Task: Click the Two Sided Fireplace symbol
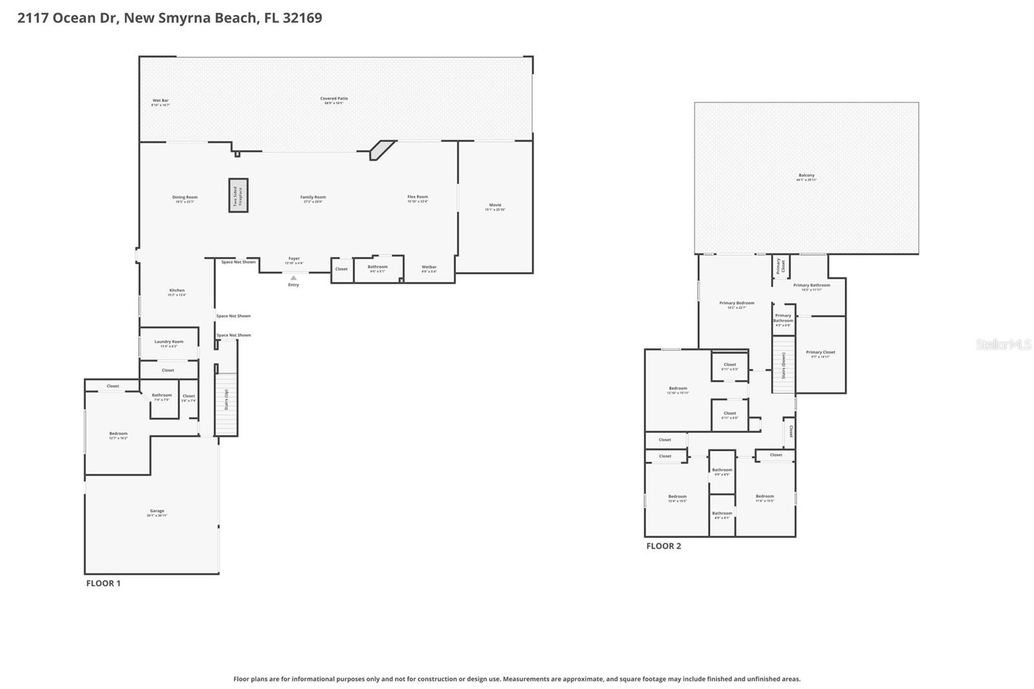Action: (x=238, y=195)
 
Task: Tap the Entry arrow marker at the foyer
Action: (x=293, y=278)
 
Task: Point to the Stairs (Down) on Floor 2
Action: (x=783, y=365)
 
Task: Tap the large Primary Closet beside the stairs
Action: (x=820, y=354)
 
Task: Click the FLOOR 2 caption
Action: (x=663, y=546)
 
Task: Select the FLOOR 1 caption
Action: (x=103, y=583)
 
